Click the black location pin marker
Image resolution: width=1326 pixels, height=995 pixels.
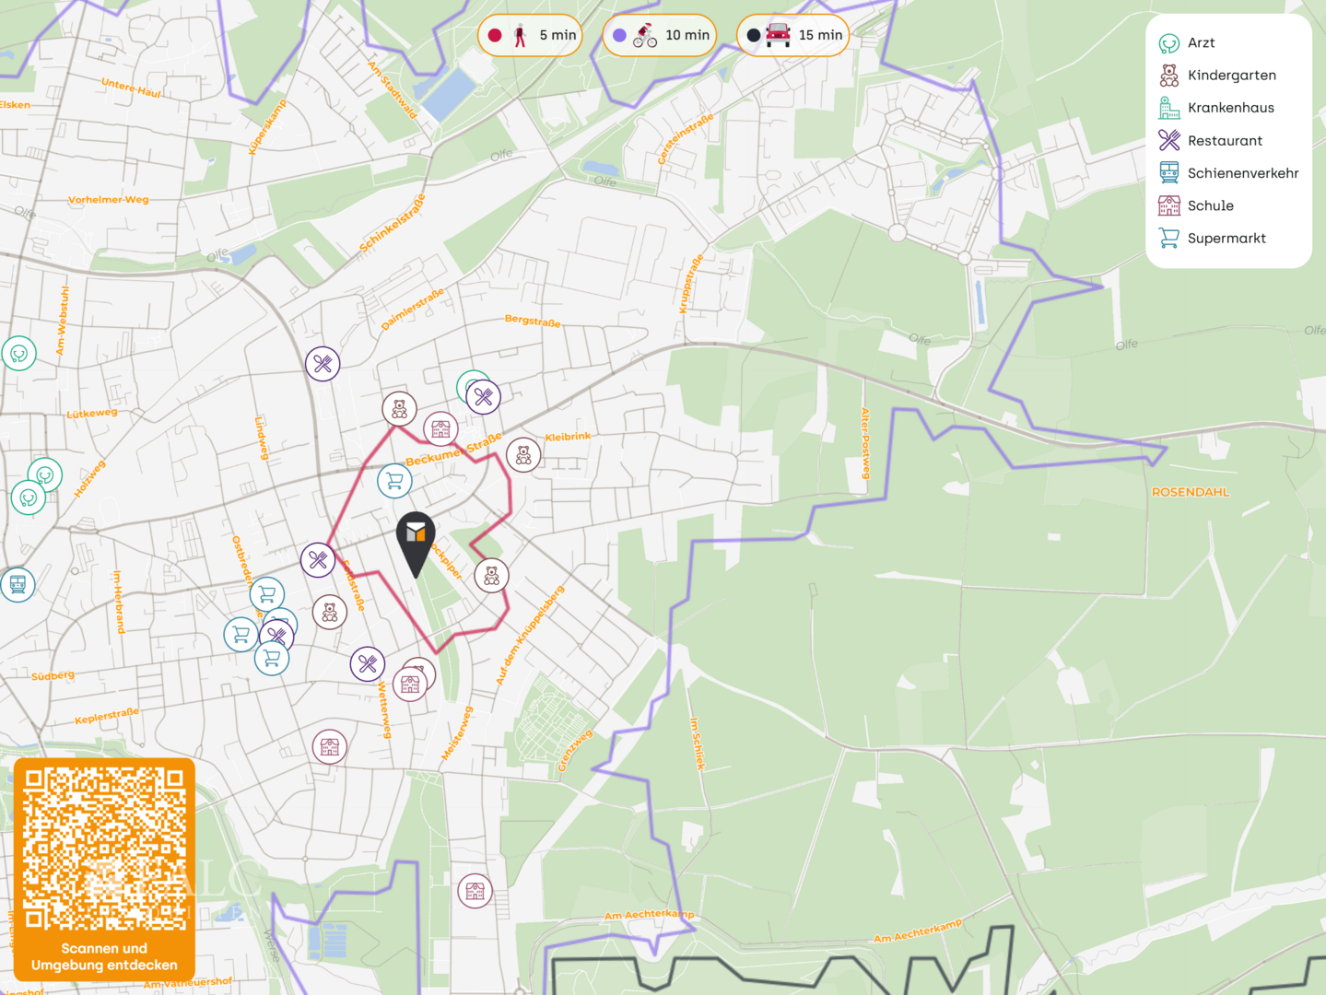(416, 539)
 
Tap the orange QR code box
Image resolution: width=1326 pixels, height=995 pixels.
(104, 870)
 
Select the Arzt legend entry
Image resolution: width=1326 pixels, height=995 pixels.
(1200, 42)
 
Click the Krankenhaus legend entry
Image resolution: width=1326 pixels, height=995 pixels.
(1229, 108)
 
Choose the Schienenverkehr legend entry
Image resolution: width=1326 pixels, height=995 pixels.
(1241, 173)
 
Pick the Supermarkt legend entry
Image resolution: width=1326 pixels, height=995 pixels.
(1226, 239)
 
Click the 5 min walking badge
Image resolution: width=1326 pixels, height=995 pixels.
(531, 36)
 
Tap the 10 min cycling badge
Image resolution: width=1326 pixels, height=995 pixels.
(660, 36)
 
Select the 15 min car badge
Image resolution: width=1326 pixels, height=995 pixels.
(793, 36)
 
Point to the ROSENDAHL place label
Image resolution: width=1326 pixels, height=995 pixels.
(1191, 492)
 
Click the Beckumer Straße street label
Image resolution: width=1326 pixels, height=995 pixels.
(453, 449)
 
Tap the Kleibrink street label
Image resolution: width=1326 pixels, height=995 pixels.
(568, 437)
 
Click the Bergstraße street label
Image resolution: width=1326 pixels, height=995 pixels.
(533, 322)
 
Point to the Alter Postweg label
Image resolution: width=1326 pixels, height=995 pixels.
(865, 443)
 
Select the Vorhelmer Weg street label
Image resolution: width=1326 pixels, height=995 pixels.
(108, 200)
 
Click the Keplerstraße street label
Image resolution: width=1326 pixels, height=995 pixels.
(107, 715)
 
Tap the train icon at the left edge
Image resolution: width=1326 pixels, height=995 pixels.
(18, 584)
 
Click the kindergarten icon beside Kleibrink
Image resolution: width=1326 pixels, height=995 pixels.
(523, 454)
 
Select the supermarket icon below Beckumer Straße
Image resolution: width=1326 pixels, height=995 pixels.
(394, 480)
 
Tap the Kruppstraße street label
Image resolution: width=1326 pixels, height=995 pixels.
(691, 284)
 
